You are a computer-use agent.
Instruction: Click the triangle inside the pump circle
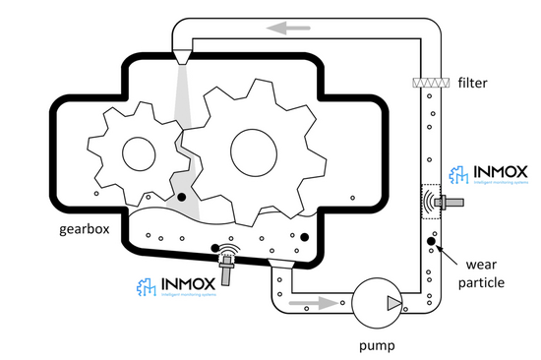tap(392, 300)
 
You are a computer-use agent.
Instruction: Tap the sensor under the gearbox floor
tap(227, 264)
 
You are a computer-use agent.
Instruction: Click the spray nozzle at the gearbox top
tap(183, 56)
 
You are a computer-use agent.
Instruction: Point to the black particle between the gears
tap(182, 199)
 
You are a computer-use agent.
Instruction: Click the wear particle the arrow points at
tap(431, 241)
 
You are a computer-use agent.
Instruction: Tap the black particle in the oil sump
tap(304, 237)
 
